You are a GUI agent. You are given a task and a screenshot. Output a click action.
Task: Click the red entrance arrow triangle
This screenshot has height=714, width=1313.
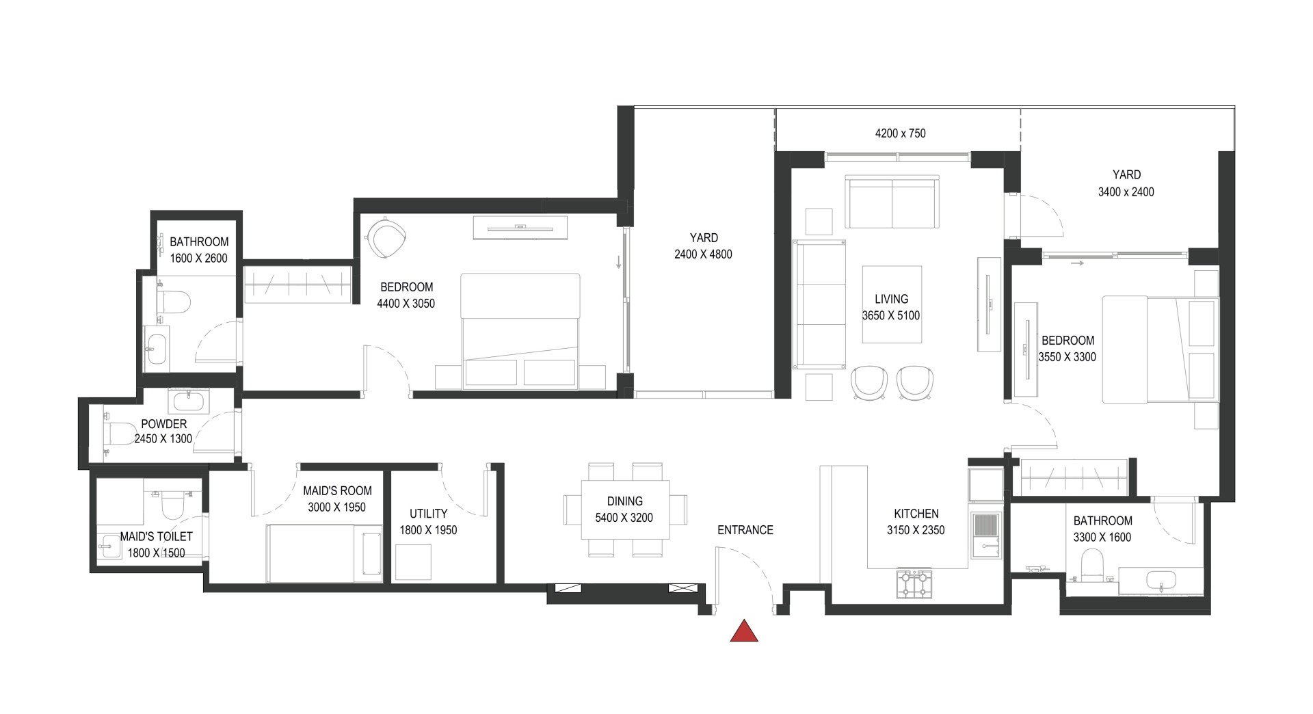point(744,633)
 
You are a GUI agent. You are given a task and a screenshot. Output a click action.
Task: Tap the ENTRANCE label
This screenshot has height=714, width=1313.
point(745,530)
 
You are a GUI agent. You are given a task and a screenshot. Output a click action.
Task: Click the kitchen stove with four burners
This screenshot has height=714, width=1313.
point(914,584)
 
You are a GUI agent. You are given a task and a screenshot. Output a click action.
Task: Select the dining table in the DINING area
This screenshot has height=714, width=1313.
point(624,510)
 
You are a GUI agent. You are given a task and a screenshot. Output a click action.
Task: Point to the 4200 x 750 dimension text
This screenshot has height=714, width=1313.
point(900,133)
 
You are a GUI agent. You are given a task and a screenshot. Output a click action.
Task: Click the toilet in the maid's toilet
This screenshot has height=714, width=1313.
point(171,506)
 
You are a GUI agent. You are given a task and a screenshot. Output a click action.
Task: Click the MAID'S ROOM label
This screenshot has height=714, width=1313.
point(337,490)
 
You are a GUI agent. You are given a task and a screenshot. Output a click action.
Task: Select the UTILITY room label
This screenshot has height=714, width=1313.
point(428,514)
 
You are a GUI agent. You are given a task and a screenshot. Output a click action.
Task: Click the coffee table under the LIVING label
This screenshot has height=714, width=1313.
point(891,304)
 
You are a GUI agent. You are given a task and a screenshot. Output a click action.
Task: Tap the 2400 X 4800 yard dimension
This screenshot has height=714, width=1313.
point(703,254)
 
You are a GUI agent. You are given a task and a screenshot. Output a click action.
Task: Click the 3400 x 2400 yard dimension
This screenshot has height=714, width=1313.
point(1126,192)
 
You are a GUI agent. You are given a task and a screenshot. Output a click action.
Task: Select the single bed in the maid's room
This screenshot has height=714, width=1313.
point(324,553)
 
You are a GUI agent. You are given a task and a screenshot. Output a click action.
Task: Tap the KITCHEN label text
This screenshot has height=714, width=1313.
point(916,514)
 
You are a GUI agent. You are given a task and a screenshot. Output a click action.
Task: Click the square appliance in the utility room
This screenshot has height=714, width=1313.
point(413,562)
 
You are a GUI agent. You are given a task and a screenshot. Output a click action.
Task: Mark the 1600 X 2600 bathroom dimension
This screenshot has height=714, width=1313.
point(199,259)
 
